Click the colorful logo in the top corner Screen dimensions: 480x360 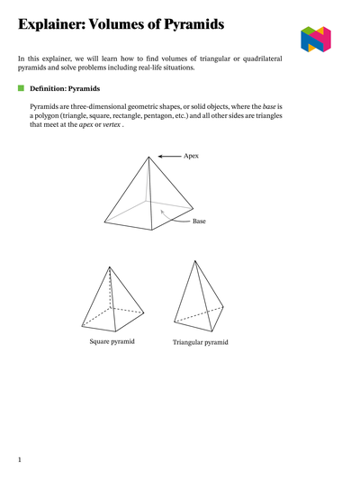click(316, 39)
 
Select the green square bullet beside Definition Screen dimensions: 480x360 click(21, 88)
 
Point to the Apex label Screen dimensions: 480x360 click(191, 156)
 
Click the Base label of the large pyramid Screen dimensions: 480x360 click(199, 221)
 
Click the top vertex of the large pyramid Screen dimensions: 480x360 click(148, 156)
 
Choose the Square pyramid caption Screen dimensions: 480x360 click(112, 341)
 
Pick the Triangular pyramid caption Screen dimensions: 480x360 click(200, 342)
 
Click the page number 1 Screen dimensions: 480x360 click(19, 460)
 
